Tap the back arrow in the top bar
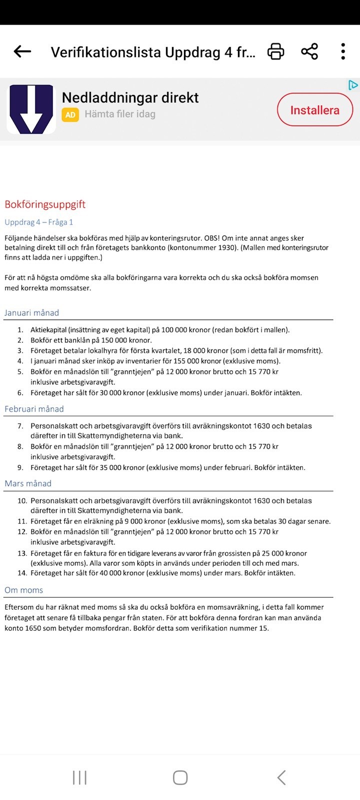22,51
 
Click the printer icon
275,51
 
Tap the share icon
309,51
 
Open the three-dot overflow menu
343,51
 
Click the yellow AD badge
70,114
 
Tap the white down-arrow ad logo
31,109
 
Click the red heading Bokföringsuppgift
45,204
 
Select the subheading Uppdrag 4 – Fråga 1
39,222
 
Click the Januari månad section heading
32,313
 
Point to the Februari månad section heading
34,409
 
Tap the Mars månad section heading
28,483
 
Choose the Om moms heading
24,590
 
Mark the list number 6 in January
20,393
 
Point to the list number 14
21,573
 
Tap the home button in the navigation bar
180,777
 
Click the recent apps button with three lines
79,777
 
